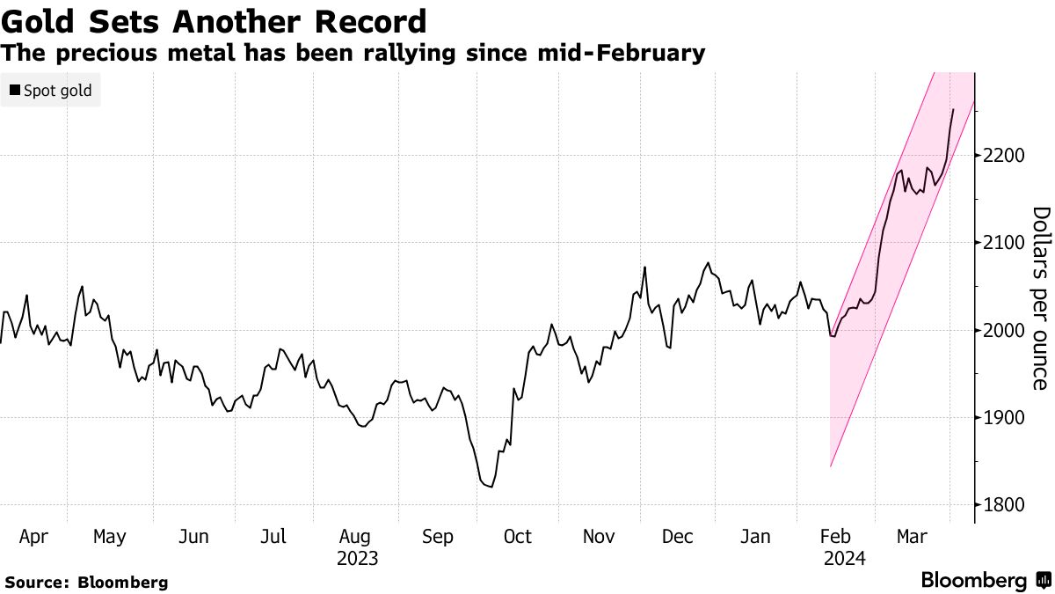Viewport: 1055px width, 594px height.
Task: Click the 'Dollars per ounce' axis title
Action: pyautogui.click(x=1040, y=297)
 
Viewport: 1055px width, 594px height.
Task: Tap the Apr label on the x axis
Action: pyautogui.click(x=33, y=536)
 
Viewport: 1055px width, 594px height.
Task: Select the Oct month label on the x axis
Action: pyautogui.click(x=517, y=536)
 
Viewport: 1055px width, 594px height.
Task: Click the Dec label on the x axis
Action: pyautogui.click(x=679, y=536)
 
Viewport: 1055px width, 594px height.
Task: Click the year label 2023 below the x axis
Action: pyautogui.click(x=357, y=558)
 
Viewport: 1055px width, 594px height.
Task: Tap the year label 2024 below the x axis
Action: pyautogui.click(x=845, y=558)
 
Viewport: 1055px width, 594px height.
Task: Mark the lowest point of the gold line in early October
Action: pyautogui.click(x=490, y=487)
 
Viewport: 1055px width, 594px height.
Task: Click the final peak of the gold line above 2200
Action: pyautogui.click(x=953, y=109)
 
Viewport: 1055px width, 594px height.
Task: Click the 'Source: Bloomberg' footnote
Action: pyautogui.click(x=86, y=582)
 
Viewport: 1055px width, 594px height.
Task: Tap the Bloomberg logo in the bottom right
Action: pyautogui.click(x=985, y=581)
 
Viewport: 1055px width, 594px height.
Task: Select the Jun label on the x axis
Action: pyautogui.click(x=193, y=536)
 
